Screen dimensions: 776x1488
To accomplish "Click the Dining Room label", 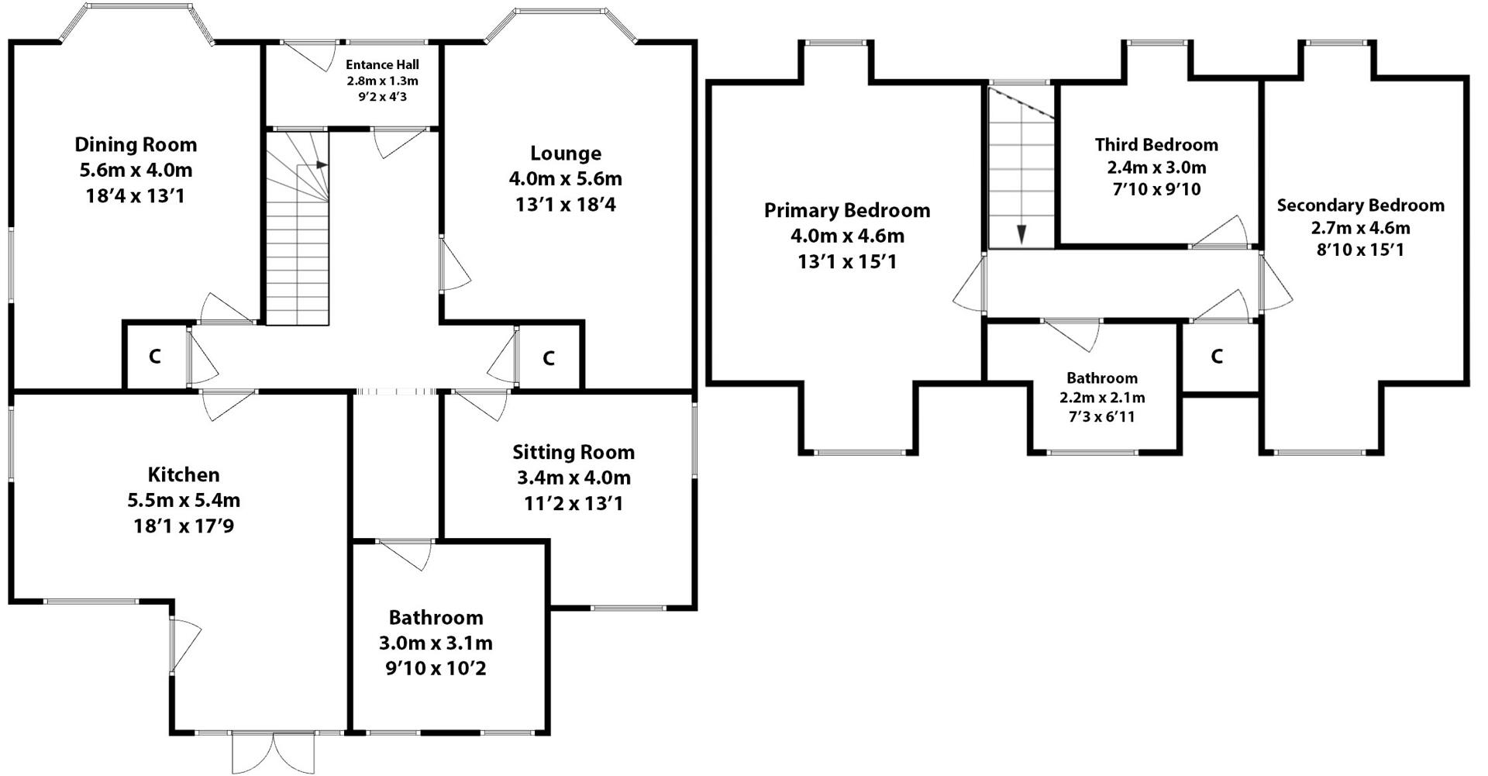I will tap(136, 145).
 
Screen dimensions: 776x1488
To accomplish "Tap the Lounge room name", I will tap(565, 153).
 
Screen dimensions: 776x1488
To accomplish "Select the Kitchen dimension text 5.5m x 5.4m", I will tap(184, 501).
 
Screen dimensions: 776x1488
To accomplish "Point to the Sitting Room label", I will tap(573, 452).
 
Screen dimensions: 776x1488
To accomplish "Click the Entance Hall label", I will tap(382, 65).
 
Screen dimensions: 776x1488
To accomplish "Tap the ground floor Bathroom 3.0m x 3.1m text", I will tap(436, 643).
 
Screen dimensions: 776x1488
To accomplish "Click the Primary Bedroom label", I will tap(846, 210).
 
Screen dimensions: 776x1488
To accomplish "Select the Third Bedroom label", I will tap(1156, 145).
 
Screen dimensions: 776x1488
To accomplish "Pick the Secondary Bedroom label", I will tap(1360, 205).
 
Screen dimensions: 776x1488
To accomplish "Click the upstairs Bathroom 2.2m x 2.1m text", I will tap(1102, 398).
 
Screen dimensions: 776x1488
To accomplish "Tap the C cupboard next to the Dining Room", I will tap(155, 357).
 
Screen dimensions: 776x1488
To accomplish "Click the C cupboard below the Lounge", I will tap(549, 358).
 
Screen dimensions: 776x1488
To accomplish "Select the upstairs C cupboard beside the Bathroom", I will tap(1217, 357).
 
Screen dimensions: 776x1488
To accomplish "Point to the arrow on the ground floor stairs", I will tap(321, 165).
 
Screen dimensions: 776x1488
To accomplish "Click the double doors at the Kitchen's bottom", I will tap(273, 750).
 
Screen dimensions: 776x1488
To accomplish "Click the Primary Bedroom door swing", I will tap(970, 285).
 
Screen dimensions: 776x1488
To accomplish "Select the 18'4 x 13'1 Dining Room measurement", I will tap(136, 196).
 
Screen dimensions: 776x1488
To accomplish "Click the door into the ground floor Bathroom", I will tap(407, 554).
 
